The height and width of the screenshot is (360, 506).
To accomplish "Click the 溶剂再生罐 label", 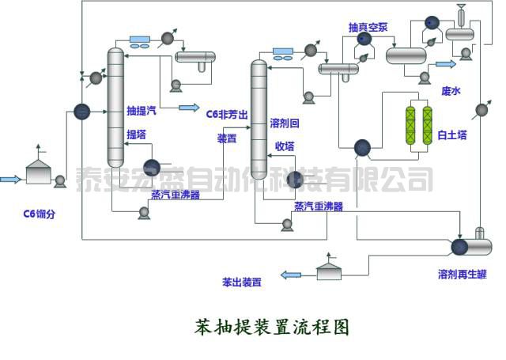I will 461,275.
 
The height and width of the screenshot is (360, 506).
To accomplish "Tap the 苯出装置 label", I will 243,281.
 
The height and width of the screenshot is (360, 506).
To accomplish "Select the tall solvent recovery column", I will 259,116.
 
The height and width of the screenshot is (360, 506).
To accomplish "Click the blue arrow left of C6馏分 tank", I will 10,180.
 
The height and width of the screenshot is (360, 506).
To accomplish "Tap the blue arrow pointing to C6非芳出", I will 189,108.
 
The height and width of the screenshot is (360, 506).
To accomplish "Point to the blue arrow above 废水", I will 446,63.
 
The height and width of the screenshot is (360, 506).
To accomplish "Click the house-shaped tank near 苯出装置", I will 330,269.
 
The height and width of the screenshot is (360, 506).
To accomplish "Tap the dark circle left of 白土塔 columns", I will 363,147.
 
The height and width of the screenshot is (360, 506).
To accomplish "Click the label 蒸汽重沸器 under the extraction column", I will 176,195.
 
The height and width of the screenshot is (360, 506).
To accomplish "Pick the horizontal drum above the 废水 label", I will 406,55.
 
